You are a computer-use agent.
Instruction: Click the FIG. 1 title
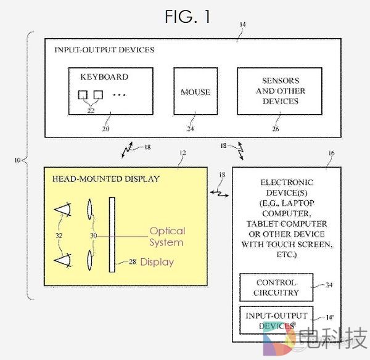[x=187, y=17]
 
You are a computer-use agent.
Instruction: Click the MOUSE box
[x=195, y=92]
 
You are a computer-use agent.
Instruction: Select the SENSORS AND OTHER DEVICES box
[x=280, y=91]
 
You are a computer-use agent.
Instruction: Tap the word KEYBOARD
[x=104, y=77]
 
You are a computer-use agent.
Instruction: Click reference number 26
[x=275, y=129]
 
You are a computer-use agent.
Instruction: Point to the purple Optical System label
[x=167, y=236]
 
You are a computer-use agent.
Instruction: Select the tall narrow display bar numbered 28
[x=112, y=234]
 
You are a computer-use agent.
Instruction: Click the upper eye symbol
[x=64, y=210]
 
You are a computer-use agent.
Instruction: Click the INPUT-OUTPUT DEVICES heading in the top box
[x=104, y=49]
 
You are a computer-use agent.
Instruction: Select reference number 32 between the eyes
[x=59, y=235]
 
